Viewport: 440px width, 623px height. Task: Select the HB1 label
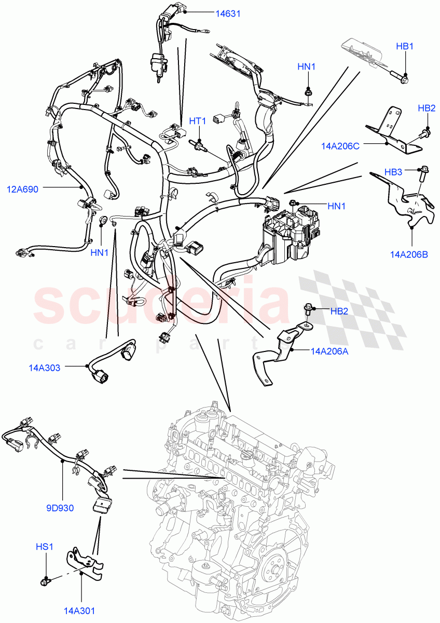404,47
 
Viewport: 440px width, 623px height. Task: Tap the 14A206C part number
340,147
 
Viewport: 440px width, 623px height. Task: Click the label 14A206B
409,254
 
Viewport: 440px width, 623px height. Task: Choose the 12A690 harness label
22,189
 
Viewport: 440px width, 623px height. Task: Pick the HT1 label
197,121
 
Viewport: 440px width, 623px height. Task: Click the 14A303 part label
45,368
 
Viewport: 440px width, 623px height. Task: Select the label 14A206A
329,351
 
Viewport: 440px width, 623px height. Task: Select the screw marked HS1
45,581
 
